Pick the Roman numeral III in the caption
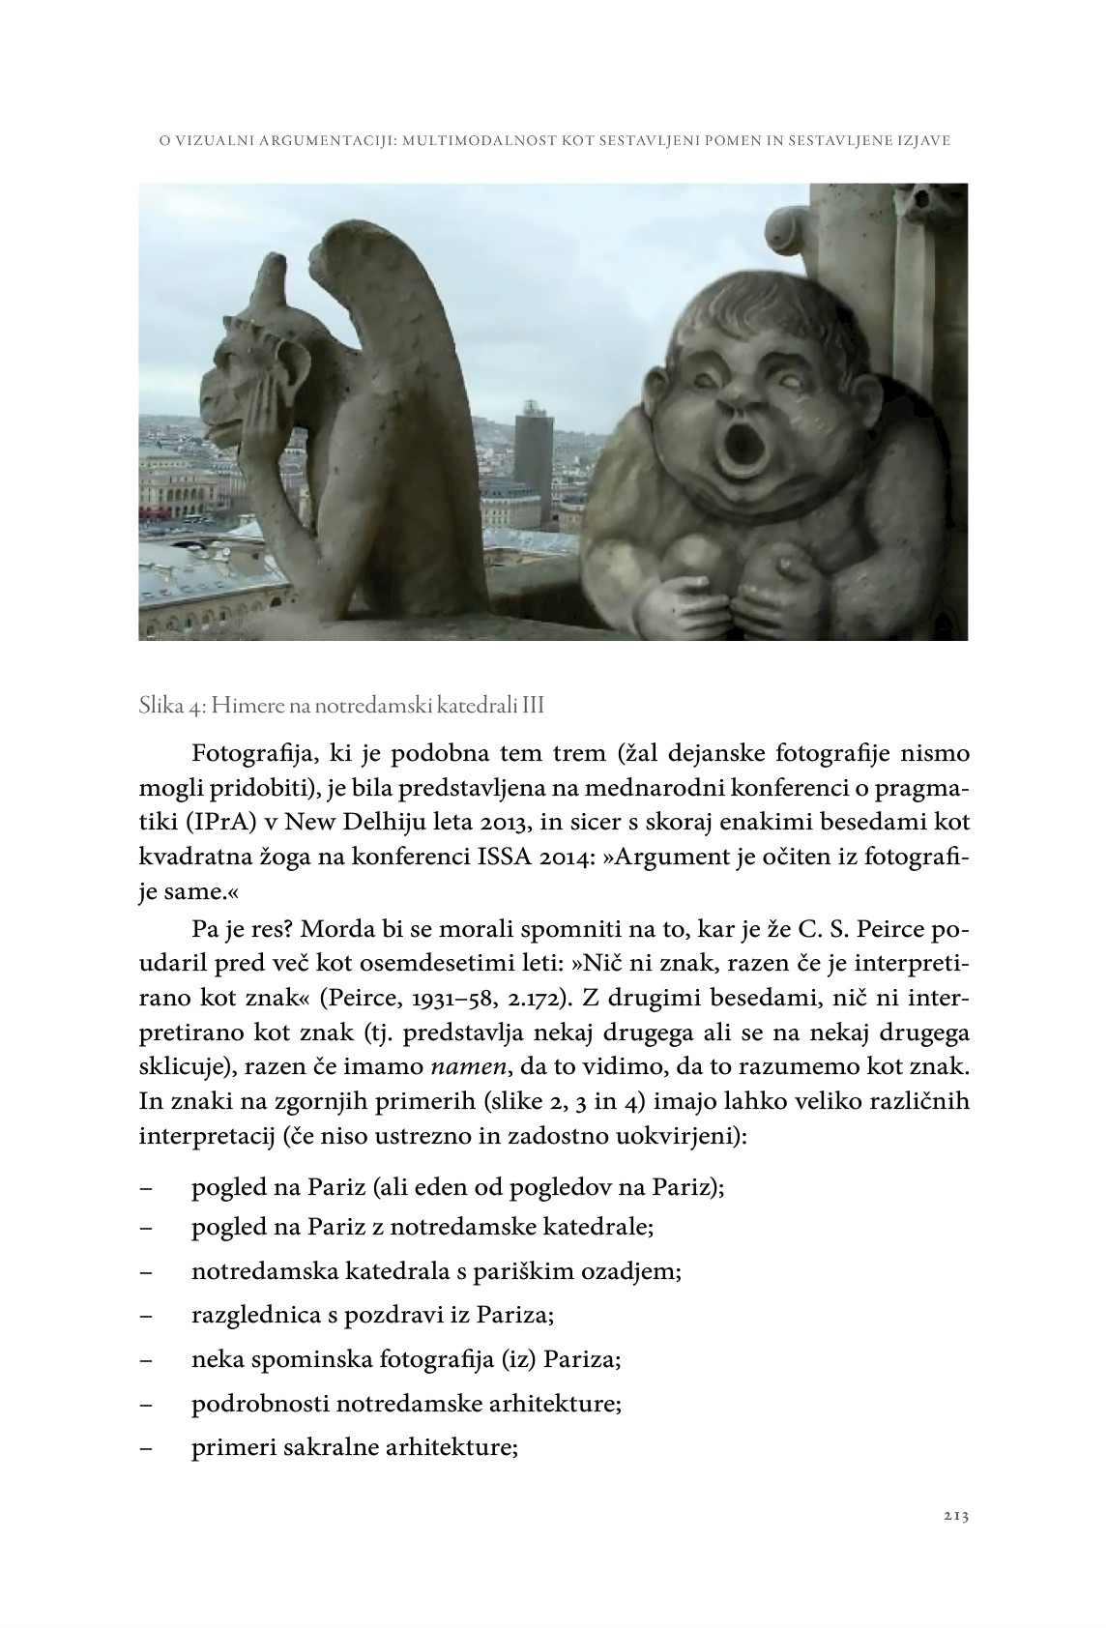(x=533, y=707)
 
